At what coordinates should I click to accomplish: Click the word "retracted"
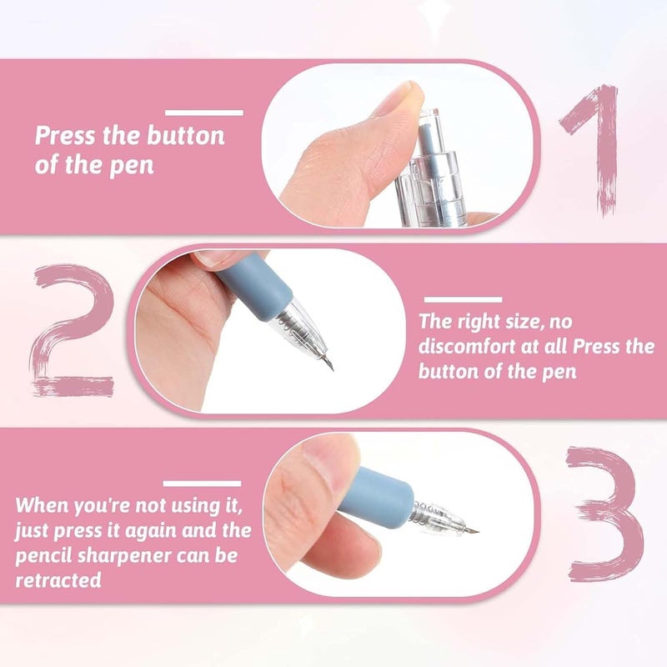(x=58, y=580)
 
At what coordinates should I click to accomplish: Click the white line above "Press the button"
(x=203, y=112)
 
